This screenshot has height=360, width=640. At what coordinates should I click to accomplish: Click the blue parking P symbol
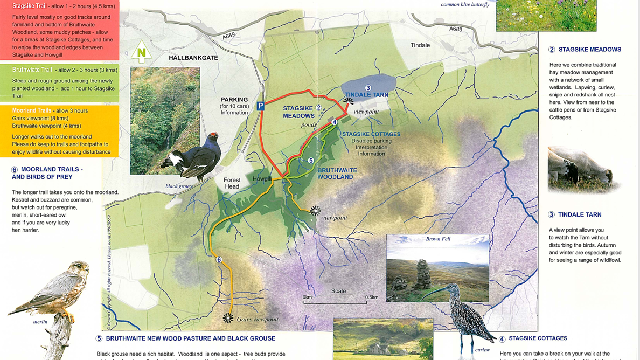pyautogui.click(x=260, y=106)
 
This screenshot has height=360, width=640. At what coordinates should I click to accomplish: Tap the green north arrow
pyautogui.click(x=141, y=52)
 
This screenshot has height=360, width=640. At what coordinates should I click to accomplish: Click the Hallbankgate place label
pyautogui.click(x=193, y=58)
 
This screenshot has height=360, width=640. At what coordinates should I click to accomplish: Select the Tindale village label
pyautogui.click(x=420, y=45)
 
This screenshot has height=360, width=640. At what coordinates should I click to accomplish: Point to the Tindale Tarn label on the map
pyautogui.click(x=366, y=95)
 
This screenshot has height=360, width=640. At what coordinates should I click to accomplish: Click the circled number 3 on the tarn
pyautogui.click(x=368, y=88)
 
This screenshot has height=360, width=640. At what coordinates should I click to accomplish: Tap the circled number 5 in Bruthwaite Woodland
pyautogui.click(x=311, y=161)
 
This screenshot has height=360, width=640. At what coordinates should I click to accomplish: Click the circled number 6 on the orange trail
pyautogui.click(x=219, y=260)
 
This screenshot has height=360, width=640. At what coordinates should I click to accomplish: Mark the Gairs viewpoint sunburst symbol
pyautogui.click(x=228, y=319)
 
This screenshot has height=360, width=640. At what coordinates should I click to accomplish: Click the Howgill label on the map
pyautogui.click(x=262, y=179)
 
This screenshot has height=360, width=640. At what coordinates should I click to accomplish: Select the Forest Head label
pyautogui.click(x=232, y=183)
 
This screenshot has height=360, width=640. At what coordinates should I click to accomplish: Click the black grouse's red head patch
pyautogui.click(x=215, y=135)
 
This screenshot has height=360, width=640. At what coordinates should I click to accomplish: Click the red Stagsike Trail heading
pyautogui.click(x=29, y=6)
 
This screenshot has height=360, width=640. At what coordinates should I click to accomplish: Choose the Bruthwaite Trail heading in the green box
pyautogui.click(x=32, y=70)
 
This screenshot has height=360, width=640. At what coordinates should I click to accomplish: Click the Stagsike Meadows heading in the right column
pyautogui.click(x=589, y=50)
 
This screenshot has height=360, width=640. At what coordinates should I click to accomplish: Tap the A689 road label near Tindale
pyautogui.click(x=456, y=29)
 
